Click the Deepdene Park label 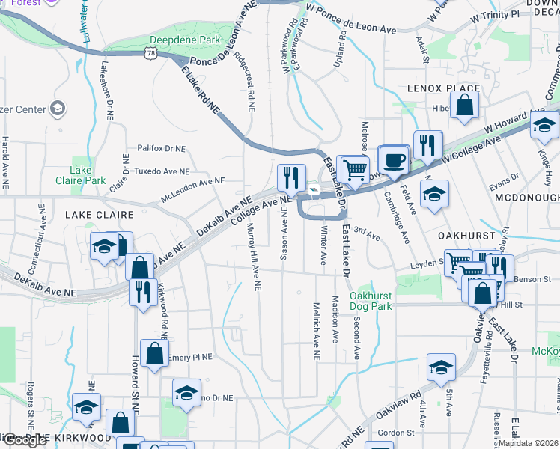click(185, 40)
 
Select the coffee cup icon click(395, 159)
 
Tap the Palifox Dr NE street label click(161, 148)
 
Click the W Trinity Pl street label click(495, 15)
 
